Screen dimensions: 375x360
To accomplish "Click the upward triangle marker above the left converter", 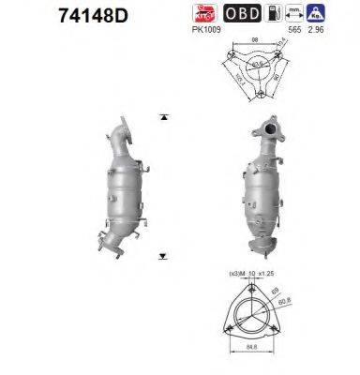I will (164, 117).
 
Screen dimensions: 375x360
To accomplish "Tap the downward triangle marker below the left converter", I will (164, 254).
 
